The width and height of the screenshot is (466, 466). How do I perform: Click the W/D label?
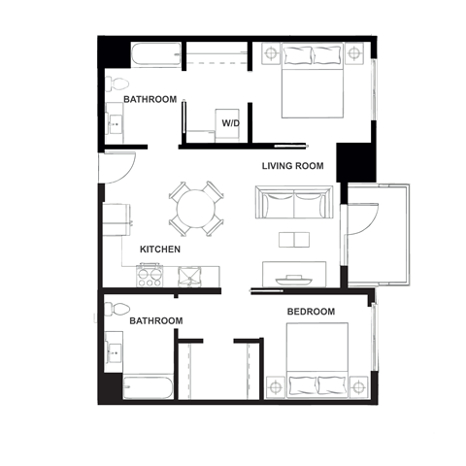point(231,123)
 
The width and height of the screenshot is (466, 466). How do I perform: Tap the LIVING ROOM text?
point(292,166)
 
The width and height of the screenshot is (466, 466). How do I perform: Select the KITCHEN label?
point(160,250)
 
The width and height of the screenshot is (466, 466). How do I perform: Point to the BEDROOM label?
point(311,312)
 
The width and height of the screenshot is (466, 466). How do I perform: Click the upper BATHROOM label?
point(150,100)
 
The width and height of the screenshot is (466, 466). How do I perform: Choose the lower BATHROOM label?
point(156,320)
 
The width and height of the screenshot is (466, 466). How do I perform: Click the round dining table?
point(195,208)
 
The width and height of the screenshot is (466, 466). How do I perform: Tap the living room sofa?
point(294,204)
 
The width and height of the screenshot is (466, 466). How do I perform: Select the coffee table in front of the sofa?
point(293,238)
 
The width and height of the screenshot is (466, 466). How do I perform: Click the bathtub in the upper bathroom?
point(155,55)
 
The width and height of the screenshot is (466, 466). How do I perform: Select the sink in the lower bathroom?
point(114,352)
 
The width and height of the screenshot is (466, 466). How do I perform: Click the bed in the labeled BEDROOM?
point(316,360)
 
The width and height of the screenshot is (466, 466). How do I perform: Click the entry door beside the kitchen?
point(115,169)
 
